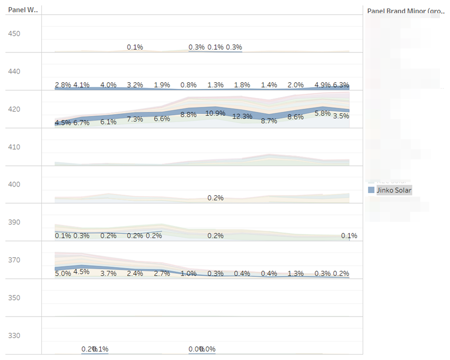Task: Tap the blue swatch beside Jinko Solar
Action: click(x=371, y=190)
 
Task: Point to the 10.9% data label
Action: click(x=215, y=113)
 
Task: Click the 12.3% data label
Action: click(x=242, y=116)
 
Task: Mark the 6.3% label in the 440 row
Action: click(x=341, y=85)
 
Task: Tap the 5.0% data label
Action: click(x=63, y=273)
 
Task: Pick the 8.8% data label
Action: click(x=188, y=115)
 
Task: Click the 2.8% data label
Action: click(x=63, y=85)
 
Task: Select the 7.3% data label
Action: click(x=135, y=119)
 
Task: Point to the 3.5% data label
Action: click(x=341, y=116)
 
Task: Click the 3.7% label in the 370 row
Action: click(x=108, y=273)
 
